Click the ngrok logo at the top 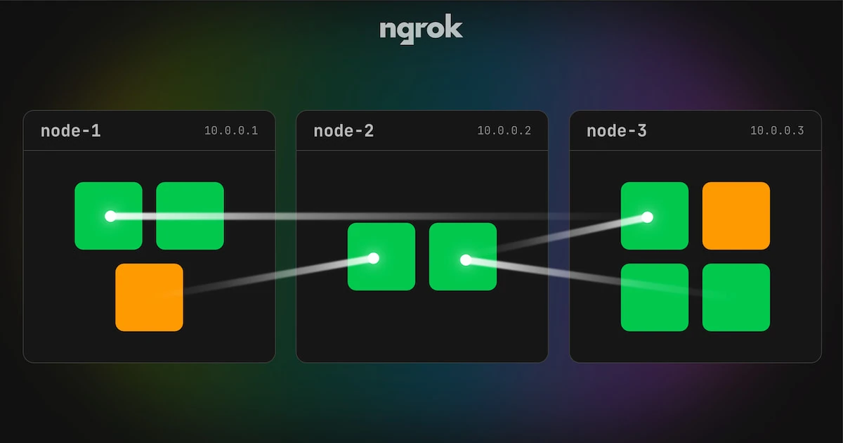pyautogui.click(x=421, y=29)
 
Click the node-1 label pyautogui.click(x=71, y=131)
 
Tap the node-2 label pyautogui.click(x=344, y=131)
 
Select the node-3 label pyautogui.click(x=617, y=131)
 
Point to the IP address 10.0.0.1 pyautogui.click(x=231, y=131)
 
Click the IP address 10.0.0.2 pyautogui.click(x=504, y=131)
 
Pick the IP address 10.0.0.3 pyautogui.click(x=777, y=131)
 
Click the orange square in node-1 pyautogui.click(x=150, y=297)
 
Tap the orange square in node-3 pyautogui.click(x=736, y=216)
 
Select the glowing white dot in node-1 pyautogui.click(x=110, y=217)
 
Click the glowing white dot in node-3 pyautogui.click(x=647, y=217)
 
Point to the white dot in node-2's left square pyautogui.click(x=373, y=259)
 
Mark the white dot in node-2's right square pyautogui.click(x=466, y=260)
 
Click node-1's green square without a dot pyautogui.click(x=190, y=216)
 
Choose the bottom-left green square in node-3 pyautogui.click(x=655, y=297)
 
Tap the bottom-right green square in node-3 pyautogui.click(x=736, y=297)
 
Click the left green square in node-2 pyautogui.click(x=381, y=257)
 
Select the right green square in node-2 pyautogui.click(x=463, y=257)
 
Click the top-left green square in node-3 pyautogui.click(x=655, y=216)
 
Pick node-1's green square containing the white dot pyautogui.click(x=108, y=216)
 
